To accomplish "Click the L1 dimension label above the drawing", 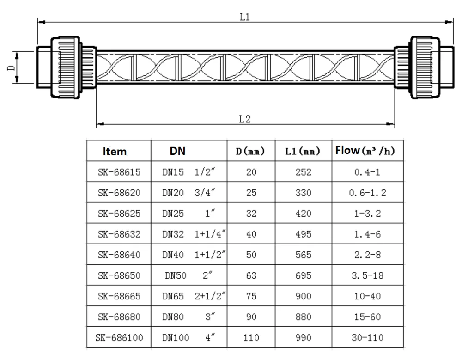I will point(244,17).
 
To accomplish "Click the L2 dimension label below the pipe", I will point(244,119).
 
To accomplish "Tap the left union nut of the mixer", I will point(67,68).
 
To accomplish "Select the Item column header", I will point(115,151).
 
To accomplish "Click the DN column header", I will point(177,151).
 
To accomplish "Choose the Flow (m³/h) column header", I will point(367,151).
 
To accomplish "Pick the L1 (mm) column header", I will point(303,151).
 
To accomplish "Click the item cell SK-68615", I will point(119,172).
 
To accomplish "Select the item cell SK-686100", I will point(119,337).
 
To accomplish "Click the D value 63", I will point(251,276).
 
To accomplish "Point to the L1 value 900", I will point(304,296).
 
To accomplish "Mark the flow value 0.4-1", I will point(367,172).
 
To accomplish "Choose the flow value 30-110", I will point(367,337).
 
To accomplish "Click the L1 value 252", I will point(304,172).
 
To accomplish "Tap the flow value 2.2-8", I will point(367,255).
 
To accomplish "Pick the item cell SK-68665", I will point(119,296).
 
